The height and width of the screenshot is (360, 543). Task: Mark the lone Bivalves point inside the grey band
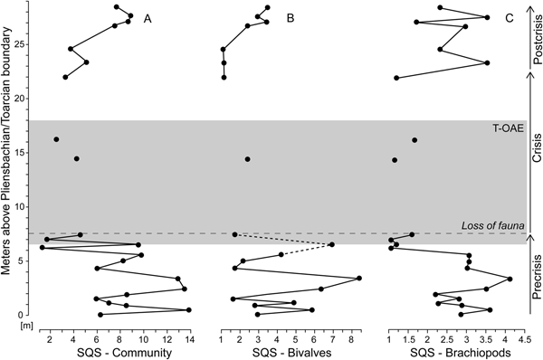coord(248,159)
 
